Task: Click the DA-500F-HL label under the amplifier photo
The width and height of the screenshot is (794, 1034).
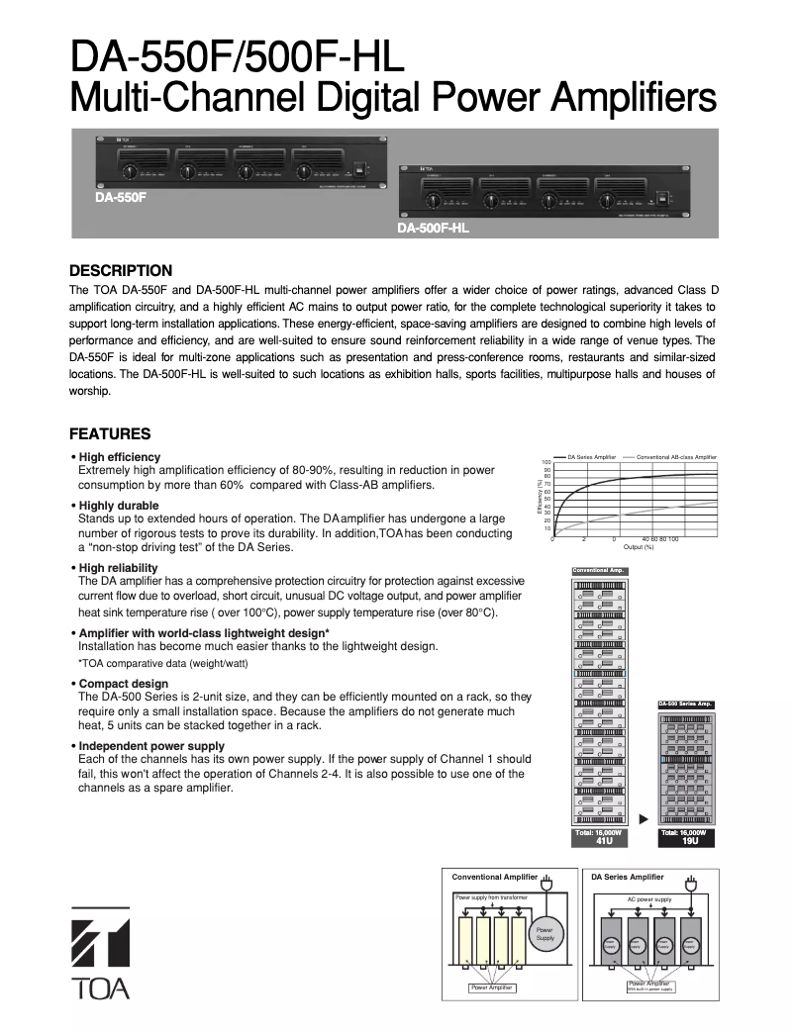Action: [433, 229]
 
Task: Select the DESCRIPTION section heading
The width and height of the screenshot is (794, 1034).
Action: [121, 270]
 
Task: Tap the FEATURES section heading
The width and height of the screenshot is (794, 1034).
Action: [110, 433]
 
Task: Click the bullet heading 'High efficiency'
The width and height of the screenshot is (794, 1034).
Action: [119, 457]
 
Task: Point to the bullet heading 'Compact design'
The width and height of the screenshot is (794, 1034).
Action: [124, 684]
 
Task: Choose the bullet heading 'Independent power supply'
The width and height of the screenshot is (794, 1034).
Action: [151, 746]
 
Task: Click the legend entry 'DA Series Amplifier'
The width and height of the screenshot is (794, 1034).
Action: [591, 457]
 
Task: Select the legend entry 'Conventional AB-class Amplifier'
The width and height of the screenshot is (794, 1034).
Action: [676, 457]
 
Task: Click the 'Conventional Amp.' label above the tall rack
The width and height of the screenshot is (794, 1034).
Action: [599, 571]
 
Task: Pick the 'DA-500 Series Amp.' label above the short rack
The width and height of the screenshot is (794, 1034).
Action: [685, 704]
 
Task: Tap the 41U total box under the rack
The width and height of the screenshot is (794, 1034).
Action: [600, 837]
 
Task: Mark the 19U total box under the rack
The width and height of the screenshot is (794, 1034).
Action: [685, 837]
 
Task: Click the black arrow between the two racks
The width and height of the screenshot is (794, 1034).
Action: [644, 819]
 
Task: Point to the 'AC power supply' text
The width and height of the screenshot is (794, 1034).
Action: [648, 899]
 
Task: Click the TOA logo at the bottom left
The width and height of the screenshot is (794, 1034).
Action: [100, 951]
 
